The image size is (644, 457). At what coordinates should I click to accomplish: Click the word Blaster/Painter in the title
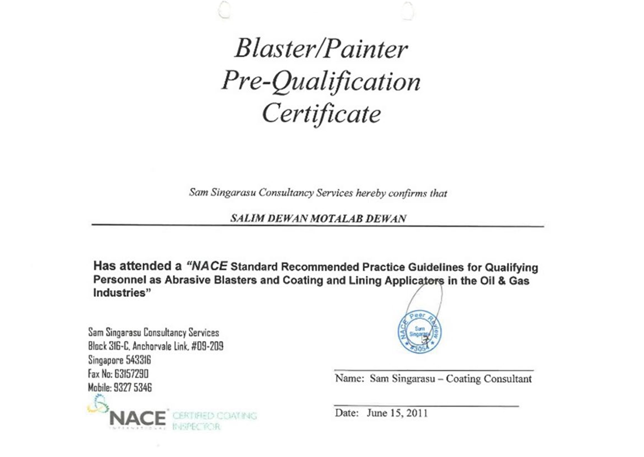pos(321,49)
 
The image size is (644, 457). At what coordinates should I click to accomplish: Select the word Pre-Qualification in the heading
pos(321,82)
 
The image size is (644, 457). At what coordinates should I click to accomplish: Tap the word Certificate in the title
pos(321,114)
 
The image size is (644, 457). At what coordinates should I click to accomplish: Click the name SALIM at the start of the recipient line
pos(247,219)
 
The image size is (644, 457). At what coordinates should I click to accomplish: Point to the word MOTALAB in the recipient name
pos(337,219)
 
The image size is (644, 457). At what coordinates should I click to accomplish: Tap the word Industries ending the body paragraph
pos(119,293)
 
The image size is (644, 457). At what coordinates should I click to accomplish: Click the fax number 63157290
pos(131,374)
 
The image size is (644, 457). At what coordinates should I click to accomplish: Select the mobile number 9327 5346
pos(132,387)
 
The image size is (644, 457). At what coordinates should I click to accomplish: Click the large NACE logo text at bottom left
pos(138,418)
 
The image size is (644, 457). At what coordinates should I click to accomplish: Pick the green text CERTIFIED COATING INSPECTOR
pos(214,421)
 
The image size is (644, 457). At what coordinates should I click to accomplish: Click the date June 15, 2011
pos(397,413)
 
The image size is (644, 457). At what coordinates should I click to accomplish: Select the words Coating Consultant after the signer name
pos(489,379)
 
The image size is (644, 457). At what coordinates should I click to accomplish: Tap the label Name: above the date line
pos(349,378)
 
